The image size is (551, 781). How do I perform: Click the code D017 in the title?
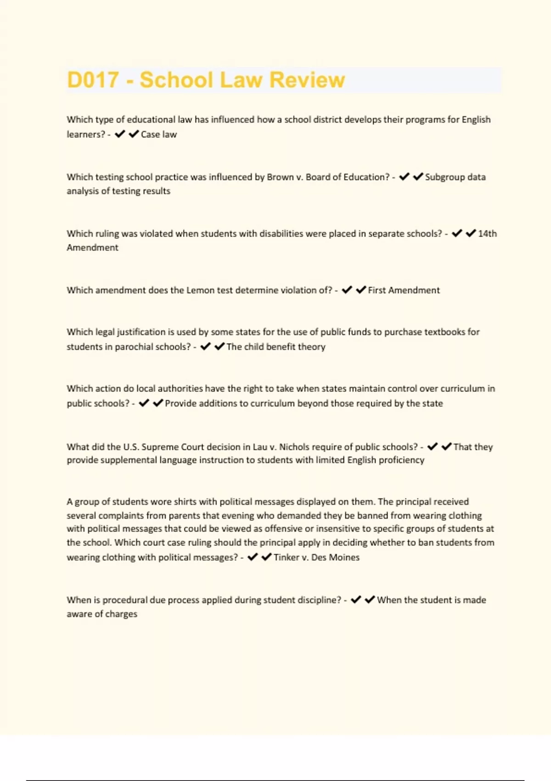click(x=93, y=80)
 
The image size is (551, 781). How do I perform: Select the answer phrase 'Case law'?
click(x=159, y=135)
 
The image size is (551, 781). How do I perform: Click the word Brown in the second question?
click(x=280, y=177)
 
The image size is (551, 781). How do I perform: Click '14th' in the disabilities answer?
click(x=487, y=234)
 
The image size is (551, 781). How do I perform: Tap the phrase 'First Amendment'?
click(x=404, y=290)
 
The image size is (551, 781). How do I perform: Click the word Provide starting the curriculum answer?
click(x=181, y=403)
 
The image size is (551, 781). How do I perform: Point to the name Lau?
click(x=260, y=447)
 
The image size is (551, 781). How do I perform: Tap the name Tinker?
click(x=286, y=558)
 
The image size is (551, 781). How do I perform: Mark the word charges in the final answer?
click(x=121, y=614)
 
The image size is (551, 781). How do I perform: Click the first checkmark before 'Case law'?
click(x=120, y=134)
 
